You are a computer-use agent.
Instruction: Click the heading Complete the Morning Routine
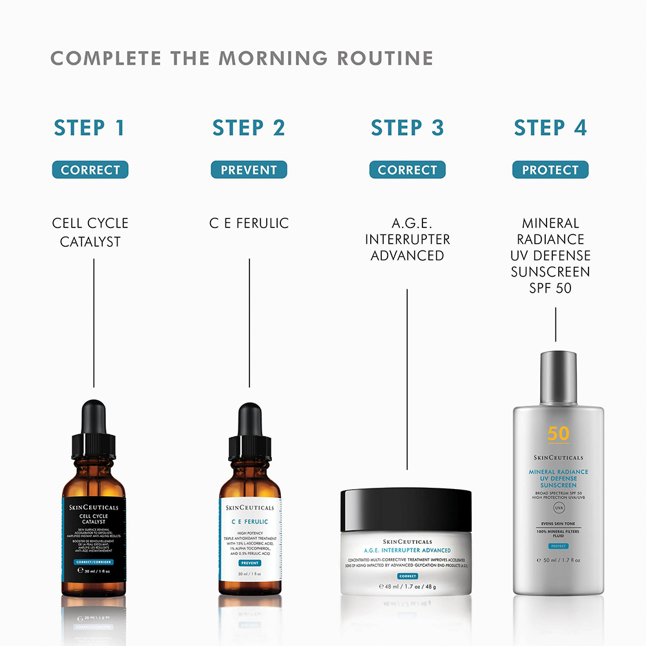(x=242, y=57)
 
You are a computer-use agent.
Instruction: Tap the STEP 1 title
(x=89, y=127)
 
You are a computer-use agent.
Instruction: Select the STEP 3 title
(x=407, y=127)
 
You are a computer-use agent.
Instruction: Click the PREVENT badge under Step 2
(x=249, y=170)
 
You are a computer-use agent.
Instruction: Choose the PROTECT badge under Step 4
(x=550, y=170)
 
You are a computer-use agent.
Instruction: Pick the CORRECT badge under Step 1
(x=90, y=170)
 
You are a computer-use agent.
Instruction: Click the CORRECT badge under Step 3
(x=407, y=170)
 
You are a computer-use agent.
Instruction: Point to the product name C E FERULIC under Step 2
(x=249, y=224)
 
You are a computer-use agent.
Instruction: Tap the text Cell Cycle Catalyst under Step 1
(x=90, y=232)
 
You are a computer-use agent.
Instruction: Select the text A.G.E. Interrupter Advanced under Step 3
(x=407, y=239)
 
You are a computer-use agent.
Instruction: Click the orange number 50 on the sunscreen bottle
(x=558, y=433)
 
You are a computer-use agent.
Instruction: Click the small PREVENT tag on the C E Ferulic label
(x=249, y=563)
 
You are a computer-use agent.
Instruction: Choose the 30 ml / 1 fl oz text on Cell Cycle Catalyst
(x=95, y=570)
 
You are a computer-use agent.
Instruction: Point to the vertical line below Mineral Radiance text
(x=556, y=324)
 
